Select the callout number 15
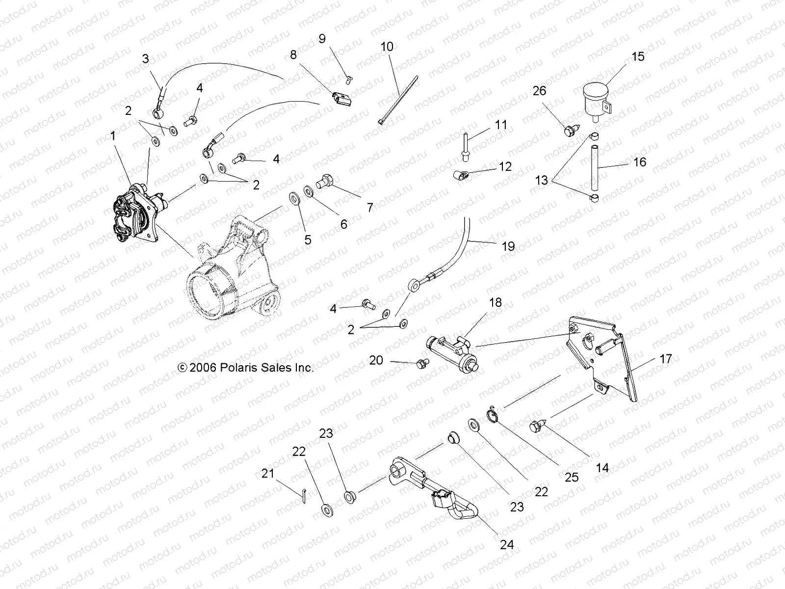[x=637, y=56]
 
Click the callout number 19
[x=508, y=246]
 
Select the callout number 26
[x=539, y=91]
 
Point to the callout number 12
[x=505, y=166]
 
